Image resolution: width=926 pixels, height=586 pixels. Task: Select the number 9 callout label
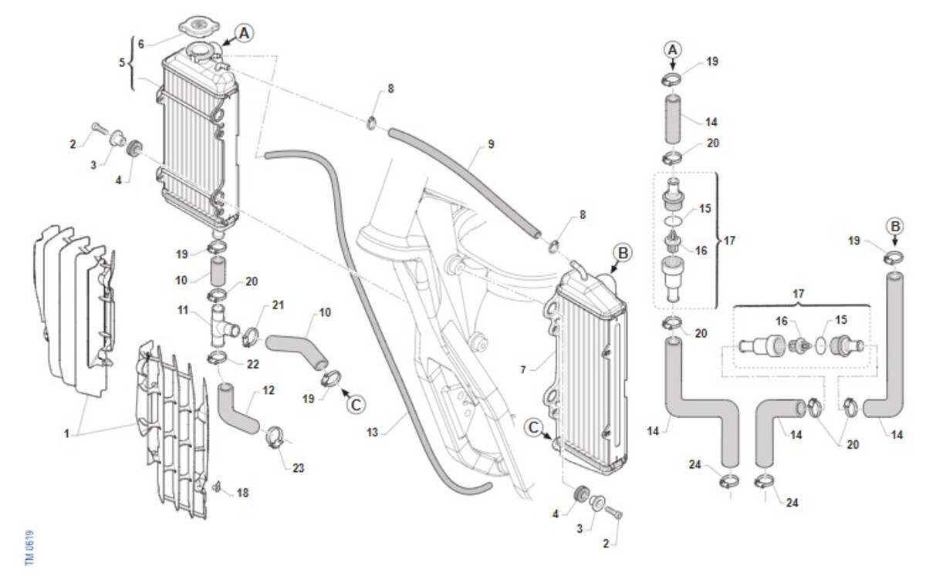click(x=490, y=144)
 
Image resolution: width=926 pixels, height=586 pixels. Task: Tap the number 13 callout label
click(x=373, y=433)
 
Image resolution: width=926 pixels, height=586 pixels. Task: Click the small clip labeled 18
click(x=218, y=487)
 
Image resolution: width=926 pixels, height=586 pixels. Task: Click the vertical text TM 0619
click(x=30, y=547)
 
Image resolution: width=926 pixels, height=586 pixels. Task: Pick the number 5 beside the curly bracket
click(x=122, y=63)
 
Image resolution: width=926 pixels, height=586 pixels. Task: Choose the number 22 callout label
click(x=252, y=363)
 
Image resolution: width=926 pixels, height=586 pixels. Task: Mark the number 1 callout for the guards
click(x=67, y=433)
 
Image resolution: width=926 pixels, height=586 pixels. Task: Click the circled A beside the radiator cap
click(x=244, y=33)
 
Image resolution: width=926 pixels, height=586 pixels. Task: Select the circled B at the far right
click(x=894, y=226)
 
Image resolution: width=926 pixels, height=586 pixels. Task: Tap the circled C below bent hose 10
click(x=354, y=403)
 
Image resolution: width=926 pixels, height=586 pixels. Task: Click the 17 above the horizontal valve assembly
click(x=799, y=294)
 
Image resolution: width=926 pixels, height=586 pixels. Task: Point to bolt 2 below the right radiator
click(x=615, y=511)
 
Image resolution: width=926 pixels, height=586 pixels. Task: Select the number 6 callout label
click(x=141, y=44)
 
